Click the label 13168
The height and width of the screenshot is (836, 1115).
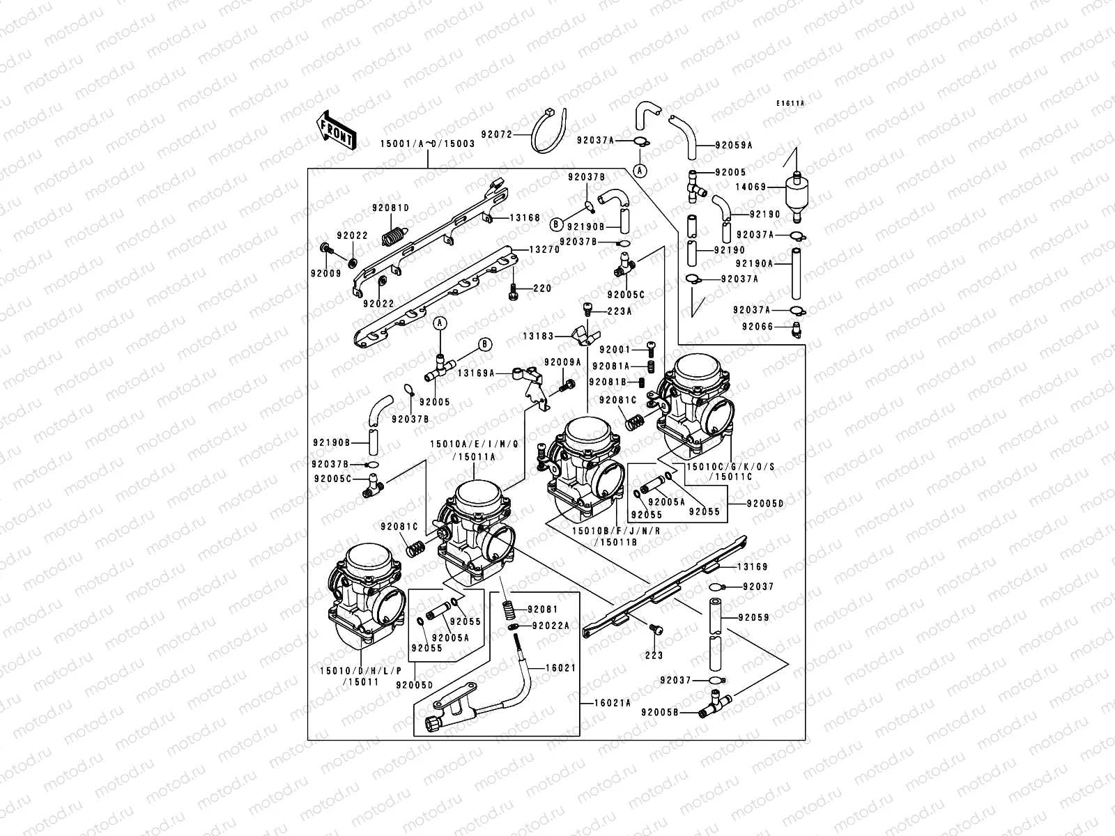click(x=525, y=218)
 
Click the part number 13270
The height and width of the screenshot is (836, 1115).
click(x=544, y=249)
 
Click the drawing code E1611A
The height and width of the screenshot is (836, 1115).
click(x=791, y=103)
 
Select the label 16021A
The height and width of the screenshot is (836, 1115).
click(x=614, y=704)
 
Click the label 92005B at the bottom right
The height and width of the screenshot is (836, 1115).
click(x=659, y=713)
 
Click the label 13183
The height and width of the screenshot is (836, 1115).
click(x=539, y=336)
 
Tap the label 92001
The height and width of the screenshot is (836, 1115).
click(x=614, y=350)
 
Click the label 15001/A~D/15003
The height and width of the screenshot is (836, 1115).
click(x=427, y=144)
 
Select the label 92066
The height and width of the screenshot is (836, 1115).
click(x=757, y=326)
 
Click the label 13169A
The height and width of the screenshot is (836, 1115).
click(x=476, y=373)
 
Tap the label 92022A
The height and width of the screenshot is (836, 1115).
click(x=551, y=626)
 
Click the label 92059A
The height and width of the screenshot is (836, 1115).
click(x=734, y=146)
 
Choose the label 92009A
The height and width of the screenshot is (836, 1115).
click(x=562, y=362)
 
